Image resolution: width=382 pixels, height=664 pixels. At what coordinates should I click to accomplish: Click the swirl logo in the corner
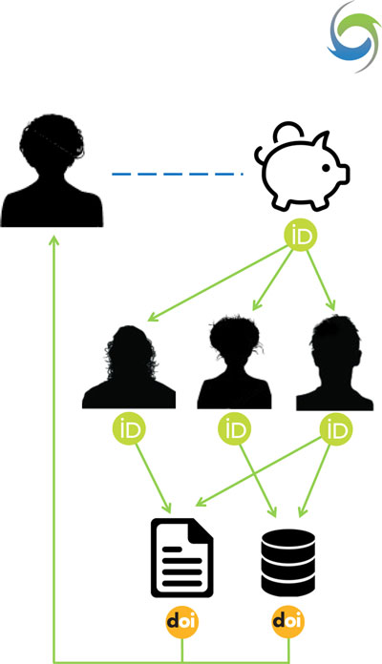[x=355, y=36]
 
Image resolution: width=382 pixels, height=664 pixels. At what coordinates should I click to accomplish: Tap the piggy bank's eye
[x=326, y=168]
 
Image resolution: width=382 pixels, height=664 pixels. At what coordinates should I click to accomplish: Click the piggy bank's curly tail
[x=259, y=155]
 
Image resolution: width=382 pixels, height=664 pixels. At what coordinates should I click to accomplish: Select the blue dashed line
[x=178, y=174]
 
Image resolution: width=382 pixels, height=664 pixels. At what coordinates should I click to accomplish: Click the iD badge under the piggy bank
[x=301, y=236]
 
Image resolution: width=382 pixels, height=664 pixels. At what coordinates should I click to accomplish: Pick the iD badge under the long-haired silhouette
[x=129, y=429]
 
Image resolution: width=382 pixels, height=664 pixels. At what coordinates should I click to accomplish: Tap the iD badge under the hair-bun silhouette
[x=235, y=429]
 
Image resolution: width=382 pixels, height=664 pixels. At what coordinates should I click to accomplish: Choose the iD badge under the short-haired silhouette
[x=336, y=429]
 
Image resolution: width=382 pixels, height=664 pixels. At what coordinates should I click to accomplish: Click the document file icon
[x=181, y=557]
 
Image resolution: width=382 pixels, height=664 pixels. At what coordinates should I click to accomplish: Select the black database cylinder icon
[x=287, y=562]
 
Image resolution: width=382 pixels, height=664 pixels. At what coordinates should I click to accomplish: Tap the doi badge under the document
[x=182, y=621]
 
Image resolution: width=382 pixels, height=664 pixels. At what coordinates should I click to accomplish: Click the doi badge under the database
[x=288, y=621]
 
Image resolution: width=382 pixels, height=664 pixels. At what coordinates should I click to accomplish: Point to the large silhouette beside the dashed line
[x=52, y=170]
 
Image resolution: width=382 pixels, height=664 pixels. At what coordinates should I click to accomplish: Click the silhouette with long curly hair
[x=129, y=366]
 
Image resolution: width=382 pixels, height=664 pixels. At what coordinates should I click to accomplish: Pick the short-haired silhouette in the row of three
[x=334, y=363]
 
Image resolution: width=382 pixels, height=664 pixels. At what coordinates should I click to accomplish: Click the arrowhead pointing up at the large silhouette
[x=53, y=240]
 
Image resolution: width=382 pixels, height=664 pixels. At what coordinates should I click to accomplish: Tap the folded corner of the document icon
[x=201, y=529]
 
